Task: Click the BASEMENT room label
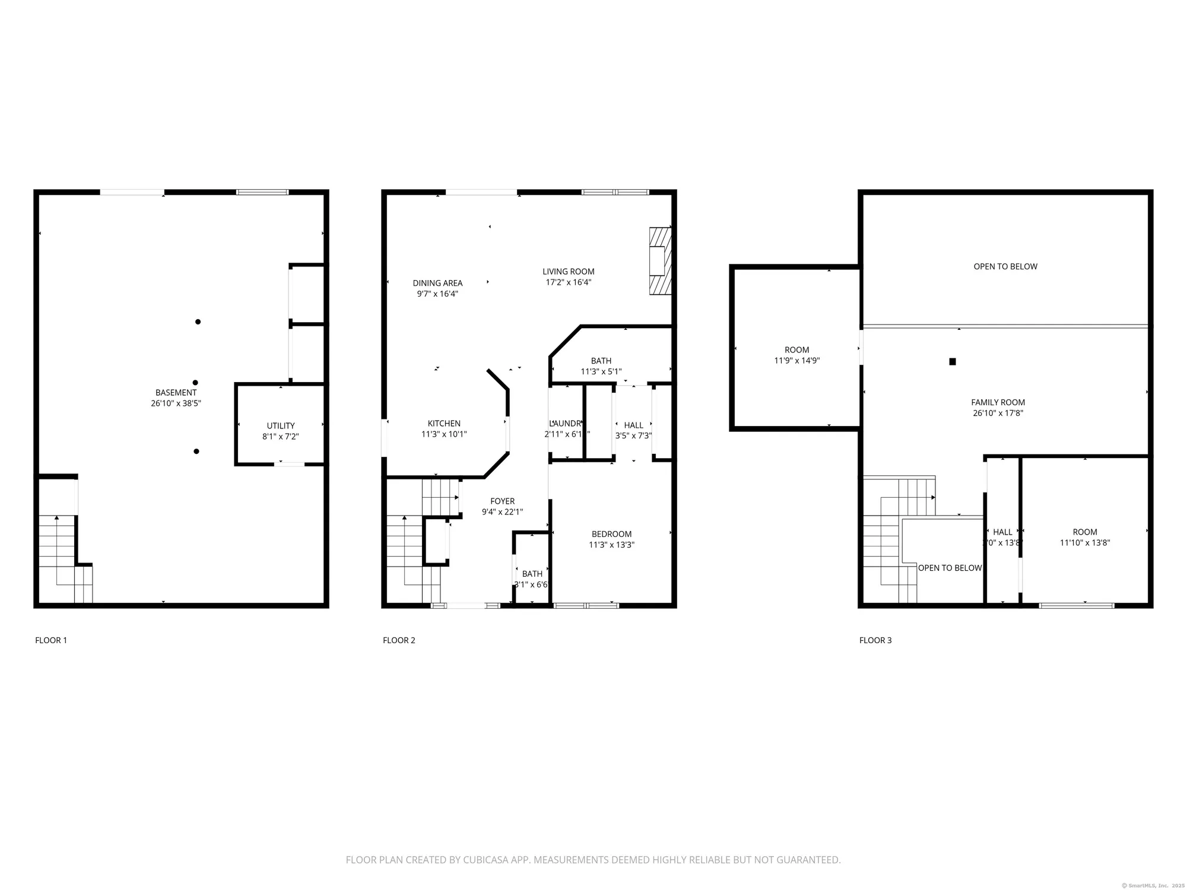pos(176,392)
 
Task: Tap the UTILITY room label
pos(281,425)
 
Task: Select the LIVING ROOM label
pos(568,272)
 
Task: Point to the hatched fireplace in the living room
pos(660,260)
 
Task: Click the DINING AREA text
pos(437,283)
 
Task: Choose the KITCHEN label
pos(444,423)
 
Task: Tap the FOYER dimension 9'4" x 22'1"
pos(502,512)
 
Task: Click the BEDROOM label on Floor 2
pos(611,534)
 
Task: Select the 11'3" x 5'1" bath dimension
pos(601,372)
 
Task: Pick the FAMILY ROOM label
pos(998,402)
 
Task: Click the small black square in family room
pos(953,361)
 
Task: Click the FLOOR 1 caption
pos(51,640)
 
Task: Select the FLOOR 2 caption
pos(399,640)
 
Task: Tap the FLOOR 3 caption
pos(875,640)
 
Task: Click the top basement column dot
pos(198,322)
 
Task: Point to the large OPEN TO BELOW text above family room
pos(1005,266)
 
